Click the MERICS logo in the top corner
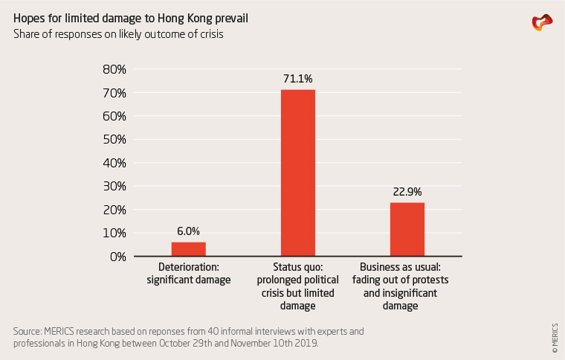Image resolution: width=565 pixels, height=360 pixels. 542,22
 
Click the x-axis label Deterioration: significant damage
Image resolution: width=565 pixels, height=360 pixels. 189,273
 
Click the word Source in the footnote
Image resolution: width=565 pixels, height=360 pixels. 27,330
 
